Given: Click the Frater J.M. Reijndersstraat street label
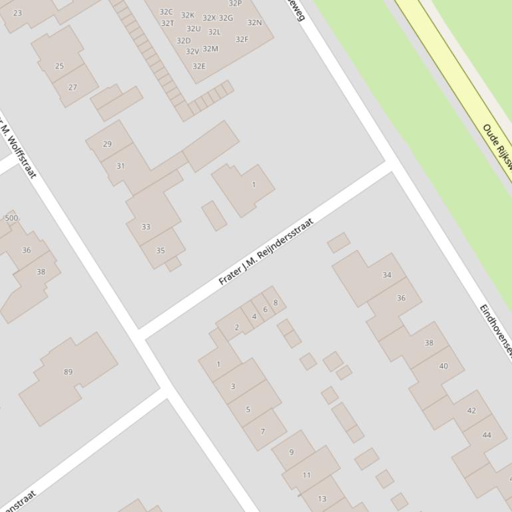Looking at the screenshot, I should pos(266,251).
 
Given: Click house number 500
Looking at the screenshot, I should pos(11,218).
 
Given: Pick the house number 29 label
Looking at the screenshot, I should pos(108,144).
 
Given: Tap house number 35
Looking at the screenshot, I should pos(160,251).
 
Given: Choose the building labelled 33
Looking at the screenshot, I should pos(146,227).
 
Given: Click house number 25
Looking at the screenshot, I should pos(59,66).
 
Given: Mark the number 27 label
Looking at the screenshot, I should pos(73,87).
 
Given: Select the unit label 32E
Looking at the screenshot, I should pos(198,66).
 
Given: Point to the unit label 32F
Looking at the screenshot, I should pos(242,39).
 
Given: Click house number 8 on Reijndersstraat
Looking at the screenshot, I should pos(276,303).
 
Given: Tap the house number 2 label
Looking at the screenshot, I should pos(236,327).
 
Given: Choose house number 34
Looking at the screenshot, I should pos(387,275).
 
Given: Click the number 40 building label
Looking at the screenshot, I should pos(443,366).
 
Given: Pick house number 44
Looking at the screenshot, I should pos(487,435).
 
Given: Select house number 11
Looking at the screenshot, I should pos(306,475).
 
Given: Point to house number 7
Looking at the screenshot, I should pos(262,432).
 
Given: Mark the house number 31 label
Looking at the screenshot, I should pos(121,166).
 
